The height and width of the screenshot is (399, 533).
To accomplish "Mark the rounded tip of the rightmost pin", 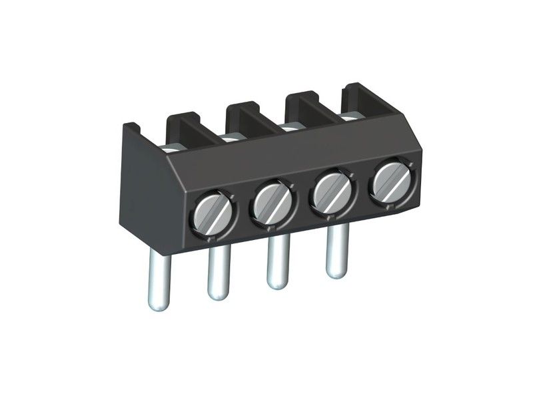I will [336, 272].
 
